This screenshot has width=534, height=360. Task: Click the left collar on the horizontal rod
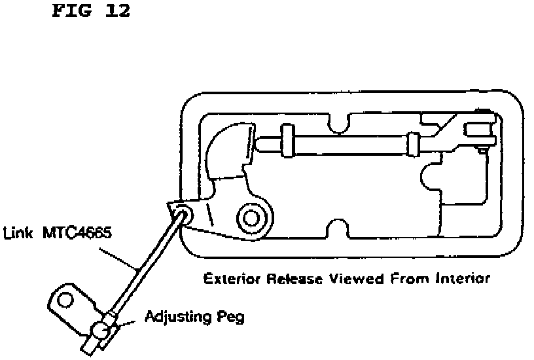click(x=287, y=141)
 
